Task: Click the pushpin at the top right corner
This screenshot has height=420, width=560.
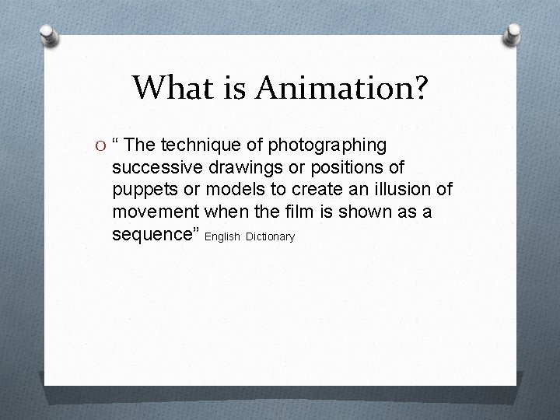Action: click(x=513, y=33)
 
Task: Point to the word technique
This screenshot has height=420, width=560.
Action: click(x=201, y=145)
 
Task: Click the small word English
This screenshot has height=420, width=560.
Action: click(x=224, y=236)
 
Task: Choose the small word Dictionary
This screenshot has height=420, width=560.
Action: click(x=270, y=236)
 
